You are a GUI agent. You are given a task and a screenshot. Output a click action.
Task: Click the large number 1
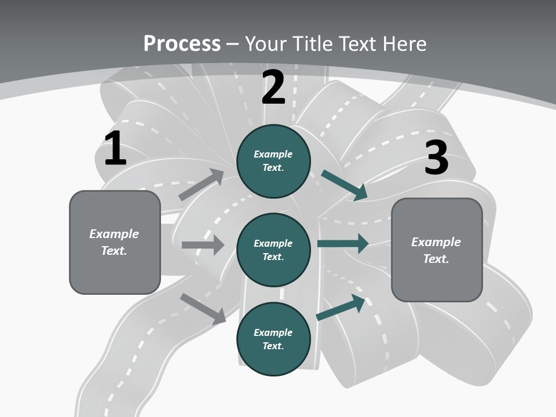(x=115, y=149)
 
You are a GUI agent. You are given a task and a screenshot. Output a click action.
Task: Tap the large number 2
(x=273, y=87)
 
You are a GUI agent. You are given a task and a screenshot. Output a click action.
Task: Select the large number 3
(x=436, y=158)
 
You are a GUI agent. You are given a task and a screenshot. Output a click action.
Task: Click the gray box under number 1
(x=115, y=242)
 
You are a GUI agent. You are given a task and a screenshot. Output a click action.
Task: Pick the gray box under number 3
(x=437, y=250)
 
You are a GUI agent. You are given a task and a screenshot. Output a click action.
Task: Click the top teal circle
(x=273, y=161)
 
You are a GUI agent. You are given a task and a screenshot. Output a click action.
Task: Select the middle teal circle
(x=273, y=250)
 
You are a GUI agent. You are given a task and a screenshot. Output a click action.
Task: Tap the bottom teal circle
(x=273, y=339)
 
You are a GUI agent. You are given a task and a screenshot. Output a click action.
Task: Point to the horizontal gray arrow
(x=203, y=245)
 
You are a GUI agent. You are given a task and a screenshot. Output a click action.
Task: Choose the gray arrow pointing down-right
(x=203, y=308)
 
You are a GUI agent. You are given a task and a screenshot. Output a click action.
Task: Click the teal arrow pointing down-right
(x=344, y=185)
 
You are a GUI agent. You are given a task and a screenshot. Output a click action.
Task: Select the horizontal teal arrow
(x=343, y=243)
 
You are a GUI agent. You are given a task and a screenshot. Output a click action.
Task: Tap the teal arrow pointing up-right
(x=341, y=307)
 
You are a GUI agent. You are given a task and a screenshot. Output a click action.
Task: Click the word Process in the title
(x=182, y=43)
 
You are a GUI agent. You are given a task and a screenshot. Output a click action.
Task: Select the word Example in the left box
(x=114, y=234)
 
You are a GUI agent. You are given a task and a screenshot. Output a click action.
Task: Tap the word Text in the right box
(x=436, y=259)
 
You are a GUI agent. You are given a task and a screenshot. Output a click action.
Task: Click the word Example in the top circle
(x=273, y=154)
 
